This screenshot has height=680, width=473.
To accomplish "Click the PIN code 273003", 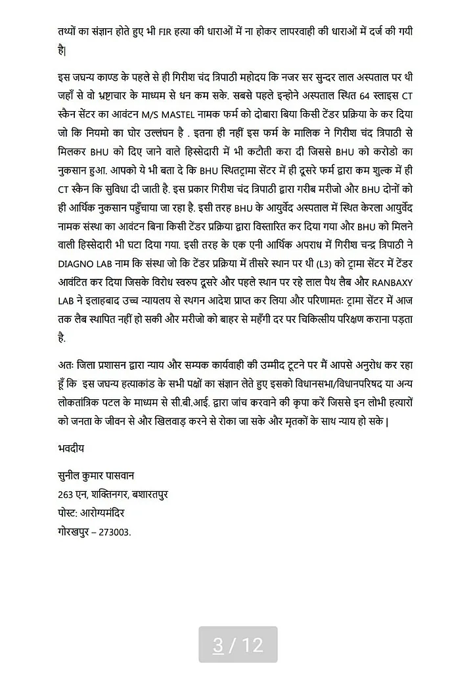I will point(114,531).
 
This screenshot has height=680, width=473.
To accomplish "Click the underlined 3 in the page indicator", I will point(218,644).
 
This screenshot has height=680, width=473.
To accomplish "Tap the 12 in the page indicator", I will point(253,644).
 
